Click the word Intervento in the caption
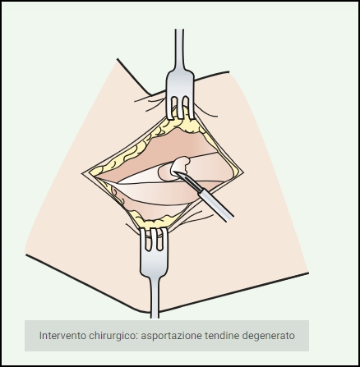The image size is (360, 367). coord(62,335)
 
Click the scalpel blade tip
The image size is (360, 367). coord(173,172)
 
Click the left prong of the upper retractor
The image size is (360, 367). coord(170,108)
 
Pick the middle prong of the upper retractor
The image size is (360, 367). coord(180,108)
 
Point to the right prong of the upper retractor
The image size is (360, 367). coord(191,108)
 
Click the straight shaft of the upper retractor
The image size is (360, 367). coord(179,49)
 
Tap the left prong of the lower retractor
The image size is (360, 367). coord(144,240)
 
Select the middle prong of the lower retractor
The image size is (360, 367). coord(154,239)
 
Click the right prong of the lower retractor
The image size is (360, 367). coord(164,239)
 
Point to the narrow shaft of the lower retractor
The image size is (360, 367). coord(155,297)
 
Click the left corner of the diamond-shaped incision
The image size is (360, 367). coord(82,173)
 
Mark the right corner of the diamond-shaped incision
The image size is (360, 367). coord(243,172)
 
